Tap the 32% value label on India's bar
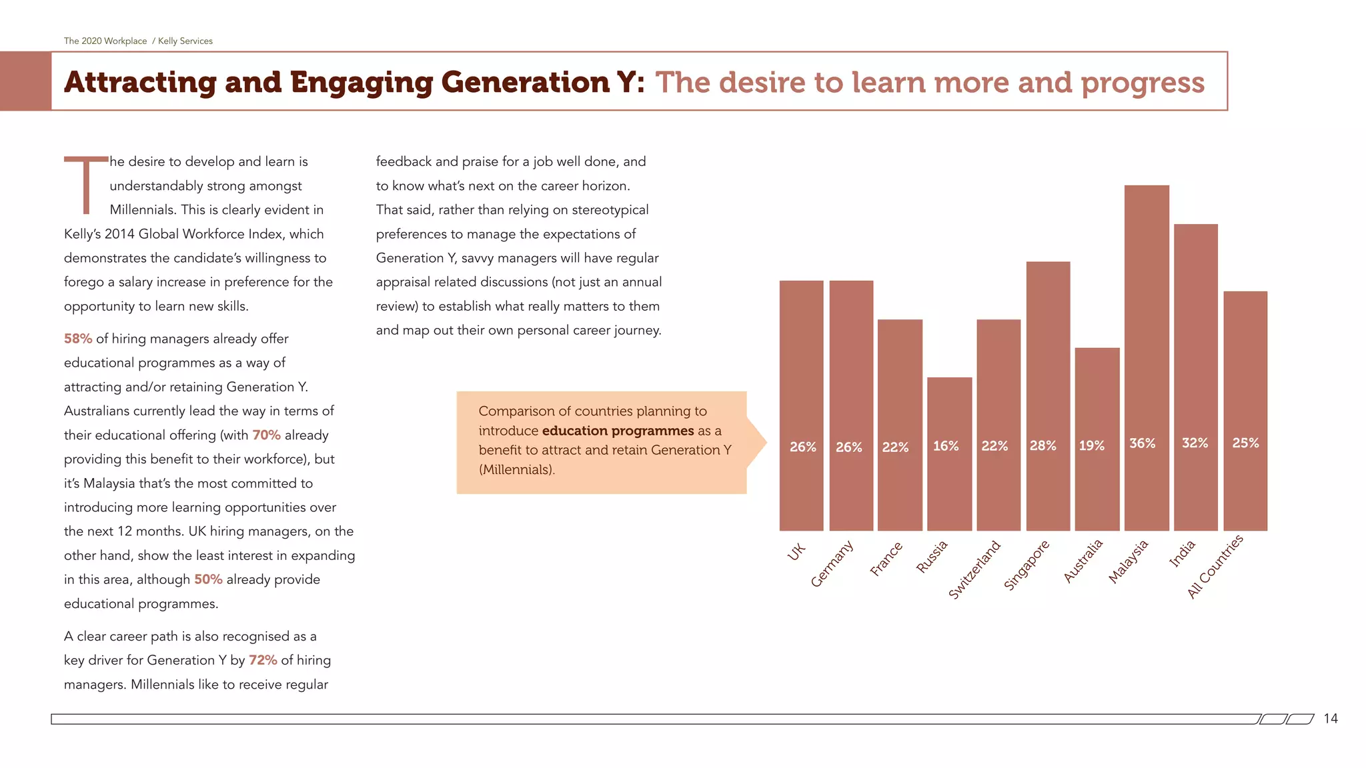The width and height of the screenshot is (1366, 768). [x=1195, y=443]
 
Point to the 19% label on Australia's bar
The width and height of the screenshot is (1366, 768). [x=1092, y=446]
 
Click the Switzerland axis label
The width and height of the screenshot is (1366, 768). [x=974, y=570]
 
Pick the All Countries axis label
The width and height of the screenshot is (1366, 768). [x=1215, y=567]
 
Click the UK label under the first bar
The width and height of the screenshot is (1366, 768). [x=796, y=552]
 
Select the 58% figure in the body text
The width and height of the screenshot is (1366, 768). [x=78, y=339]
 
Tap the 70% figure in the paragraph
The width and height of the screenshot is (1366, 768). [x=266, y=435]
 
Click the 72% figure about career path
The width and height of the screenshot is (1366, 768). [x=263, y=661]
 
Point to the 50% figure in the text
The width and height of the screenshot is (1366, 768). [x=208, y=580]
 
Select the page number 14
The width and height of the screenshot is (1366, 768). [x=1330, y=719]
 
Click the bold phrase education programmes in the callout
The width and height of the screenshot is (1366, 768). [x=618, y=431]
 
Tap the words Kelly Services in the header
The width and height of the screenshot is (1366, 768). [x=185, y=41]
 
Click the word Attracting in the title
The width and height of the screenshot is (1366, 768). [x=140, y=83]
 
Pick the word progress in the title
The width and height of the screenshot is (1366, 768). [x=1142, y=83]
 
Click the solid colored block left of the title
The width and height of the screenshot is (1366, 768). [x=25, y=81]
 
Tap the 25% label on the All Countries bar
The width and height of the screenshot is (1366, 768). [x=1245, y=443]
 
